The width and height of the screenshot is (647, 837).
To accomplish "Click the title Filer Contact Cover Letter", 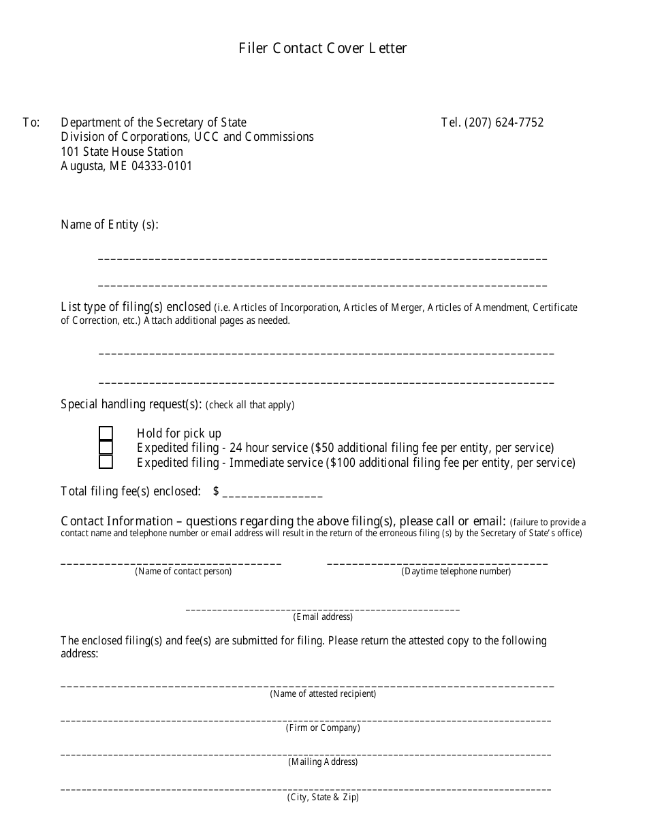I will pos(323,48).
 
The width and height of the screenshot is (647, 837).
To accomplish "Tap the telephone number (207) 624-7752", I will pos(503,122).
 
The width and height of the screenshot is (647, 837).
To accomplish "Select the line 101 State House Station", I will pos(122,152).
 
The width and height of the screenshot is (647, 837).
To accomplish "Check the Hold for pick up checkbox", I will pos(106,433).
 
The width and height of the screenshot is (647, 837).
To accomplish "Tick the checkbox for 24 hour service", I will pos(106,448).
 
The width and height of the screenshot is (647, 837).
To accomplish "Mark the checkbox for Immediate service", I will pos(106,463).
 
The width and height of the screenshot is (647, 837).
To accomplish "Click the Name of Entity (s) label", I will pos(110,225).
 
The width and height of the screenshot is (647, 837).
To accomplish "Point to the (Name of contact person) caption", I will pos(183,572).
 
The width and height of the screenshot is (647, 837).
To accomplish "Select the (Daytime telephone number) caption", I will pos(456,572).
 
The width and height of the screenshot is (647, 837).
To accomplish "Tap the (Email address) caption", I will pos(323,617).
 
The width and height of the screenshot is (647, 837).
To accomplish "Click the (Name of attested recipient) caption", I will pos(323,694).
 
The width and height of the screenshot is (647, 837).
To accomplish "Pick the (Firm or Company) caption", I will pos(323,728).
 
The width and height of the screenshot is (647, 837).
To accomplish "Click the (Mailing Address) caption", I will pos(323,762).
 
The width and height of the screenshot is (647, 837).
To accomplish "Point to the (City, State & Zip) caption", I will pos(323,798).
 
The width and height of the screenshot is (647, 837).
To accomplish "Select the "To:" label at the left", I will pos(31,122).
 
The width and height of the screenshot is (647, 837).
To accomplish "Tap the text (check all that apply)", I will pos(250,405).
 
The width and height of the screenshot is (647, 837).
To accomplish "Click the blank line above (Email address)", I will pos(323,608).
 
